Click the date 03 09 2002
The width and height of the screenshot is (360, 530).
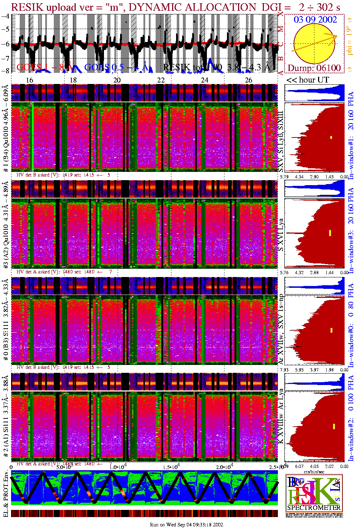(x=315, y=19)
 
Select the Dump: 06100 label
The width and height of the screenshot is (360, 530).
(x=314, y=68)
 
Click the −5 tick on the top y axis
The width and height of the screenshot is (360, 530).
(x=6, y=29)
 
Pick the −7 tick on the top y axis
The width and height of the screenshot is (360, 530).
(x=6, y=58)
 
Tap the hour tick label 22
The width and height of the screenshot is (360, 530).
(x=161, y=80)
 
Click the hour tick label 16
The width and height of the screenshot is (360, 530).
(x=29, y=80)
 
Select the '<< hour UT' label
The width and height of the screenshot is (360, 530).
(x=307, y=80)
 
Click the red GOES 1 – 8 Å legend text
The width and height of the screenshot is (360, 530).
(x=45, y=67)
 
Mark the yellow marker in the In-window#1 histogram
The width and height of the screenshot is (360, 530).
(x=331, y=137)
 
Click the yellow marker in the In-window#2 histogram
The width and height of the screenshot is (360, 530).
(x=334, y=426)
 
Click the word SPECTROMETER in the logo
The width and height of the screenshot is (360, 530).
(x=314, y=508)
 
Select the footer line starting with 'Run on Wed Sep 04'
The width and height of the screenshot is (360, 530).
(x=186, y=525)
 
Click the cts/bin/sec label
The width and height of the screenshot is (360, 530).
(x=314, y=472)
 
